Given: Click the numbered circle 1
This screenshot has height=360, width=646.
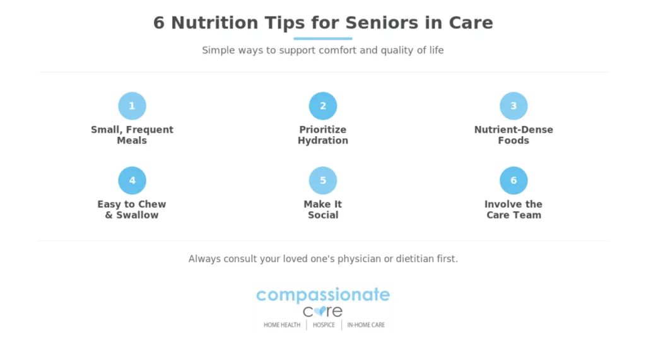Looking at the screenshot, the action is tap(132, 106).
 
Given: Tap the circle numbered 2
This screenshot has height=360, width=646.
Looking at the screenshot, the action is tap(323, 106).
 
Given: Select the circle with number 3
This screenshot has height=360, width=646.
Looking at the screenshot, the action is tap(514, 106).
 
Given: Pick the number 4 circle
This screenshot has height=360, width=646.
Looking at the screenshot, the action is tap(132, 180).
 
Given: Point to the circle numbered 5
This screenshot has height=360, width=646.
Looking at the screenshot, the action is tap(323, 180).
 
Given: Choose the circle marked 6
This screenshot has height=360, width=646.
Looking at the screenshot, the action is tap(514, 180).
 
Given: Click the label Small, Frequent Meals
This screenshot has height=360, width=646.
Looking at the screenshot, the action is tap(132, 135).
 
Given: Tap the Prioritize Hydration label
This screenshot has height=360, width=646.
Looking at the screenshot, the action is tap(323, 135).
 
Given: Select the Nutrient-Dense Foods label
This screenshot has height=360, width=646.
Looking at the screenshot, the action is tap(514, 135).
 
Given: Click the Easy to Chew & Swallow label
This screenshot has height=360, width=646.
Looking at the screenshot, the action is tap(132, 210).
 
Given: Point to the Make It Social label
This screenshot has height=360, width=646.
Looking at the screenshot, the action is tap(323, 210).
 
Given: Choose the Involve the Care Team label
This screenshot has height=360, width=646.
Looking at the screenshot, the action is tap(514, 210).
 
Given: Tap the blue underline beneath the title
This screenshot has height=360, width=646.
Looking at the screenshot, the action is tap(323, 38).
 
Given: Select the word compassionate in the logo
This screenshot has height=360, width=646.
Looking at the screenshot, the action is tap(323, 294).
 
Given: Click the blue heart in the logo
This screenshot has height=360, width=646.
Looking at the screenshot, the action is tap(320, 311).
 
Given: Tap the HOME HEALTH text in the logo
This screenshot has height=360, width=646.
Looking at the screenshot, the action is tap(282, 325).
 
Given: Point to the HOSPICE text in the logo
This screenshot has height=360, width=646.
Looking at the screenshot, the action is tap(324, 325).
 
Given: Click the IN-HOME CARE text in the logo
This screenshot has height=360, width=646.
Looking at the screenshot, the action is tap(366, 325).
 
